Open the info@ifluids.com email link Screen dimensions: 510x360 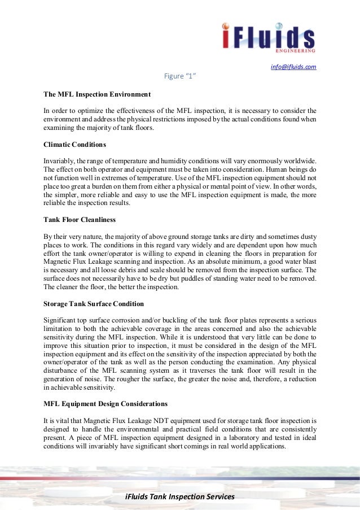293,67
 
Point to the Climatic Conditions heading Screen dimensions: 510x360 74,145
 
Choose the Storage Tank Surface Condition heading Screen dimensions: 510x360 94,304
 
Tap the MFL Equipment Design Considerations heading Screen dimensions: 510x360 106,404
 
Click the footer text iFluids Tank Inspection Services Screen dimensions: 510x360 179,497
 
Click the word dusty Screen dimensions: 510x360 306,237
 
